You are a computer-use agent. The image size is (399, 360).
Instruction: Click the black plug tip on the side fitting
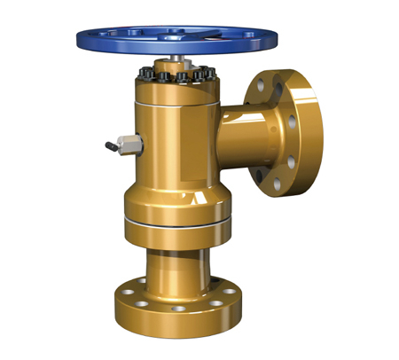pyautogui.click(x=108, y=148)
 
